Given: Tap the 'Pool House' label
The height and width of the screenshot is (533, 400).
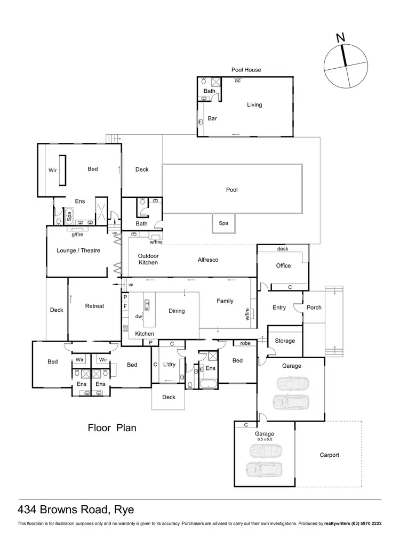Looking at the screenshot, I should point(246,70).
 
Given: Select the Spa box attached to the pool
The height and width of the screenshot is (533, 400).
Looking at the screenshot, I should point(223,223).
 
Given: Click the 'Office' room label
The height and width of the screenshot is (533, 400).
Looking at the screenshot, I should point(283,265).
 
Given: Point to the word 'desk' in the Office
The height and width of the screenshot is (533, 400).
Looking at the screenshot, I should point(283,249).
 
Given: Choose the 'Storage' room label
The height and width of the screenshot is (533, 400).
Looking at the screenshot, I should point(285,341).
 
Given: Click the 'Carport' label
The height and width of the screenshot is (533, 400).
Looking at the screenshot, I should point(329,455).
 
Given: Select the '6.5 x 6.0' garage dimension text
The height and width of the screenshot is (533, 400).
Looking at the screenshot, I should point(264,440).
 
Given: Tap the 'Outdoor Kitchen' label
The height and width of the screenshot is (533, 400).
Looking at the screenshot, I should point(148,259).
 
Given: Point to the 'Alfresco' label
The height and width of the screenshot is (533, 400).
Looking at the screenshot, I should point(208,260).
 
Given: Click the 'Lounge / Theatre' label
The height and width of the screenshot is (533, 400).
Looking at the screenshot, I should point(78,251).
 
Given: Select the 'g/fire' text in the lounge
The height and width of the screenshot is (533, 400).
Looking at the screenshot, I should point(78,234).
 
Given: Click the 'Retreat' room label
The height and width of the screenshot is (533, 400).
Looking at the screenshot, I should point(94,306).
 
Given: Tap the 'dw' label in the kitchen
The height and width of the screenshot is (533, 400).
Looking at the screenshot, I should point(138,316).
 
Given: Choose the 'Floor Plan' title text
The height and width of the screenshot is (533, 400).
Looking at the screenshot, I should point(111,427).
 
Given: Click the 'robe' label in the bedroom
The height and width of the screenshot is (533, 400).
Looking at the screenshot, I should point(245,344).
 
